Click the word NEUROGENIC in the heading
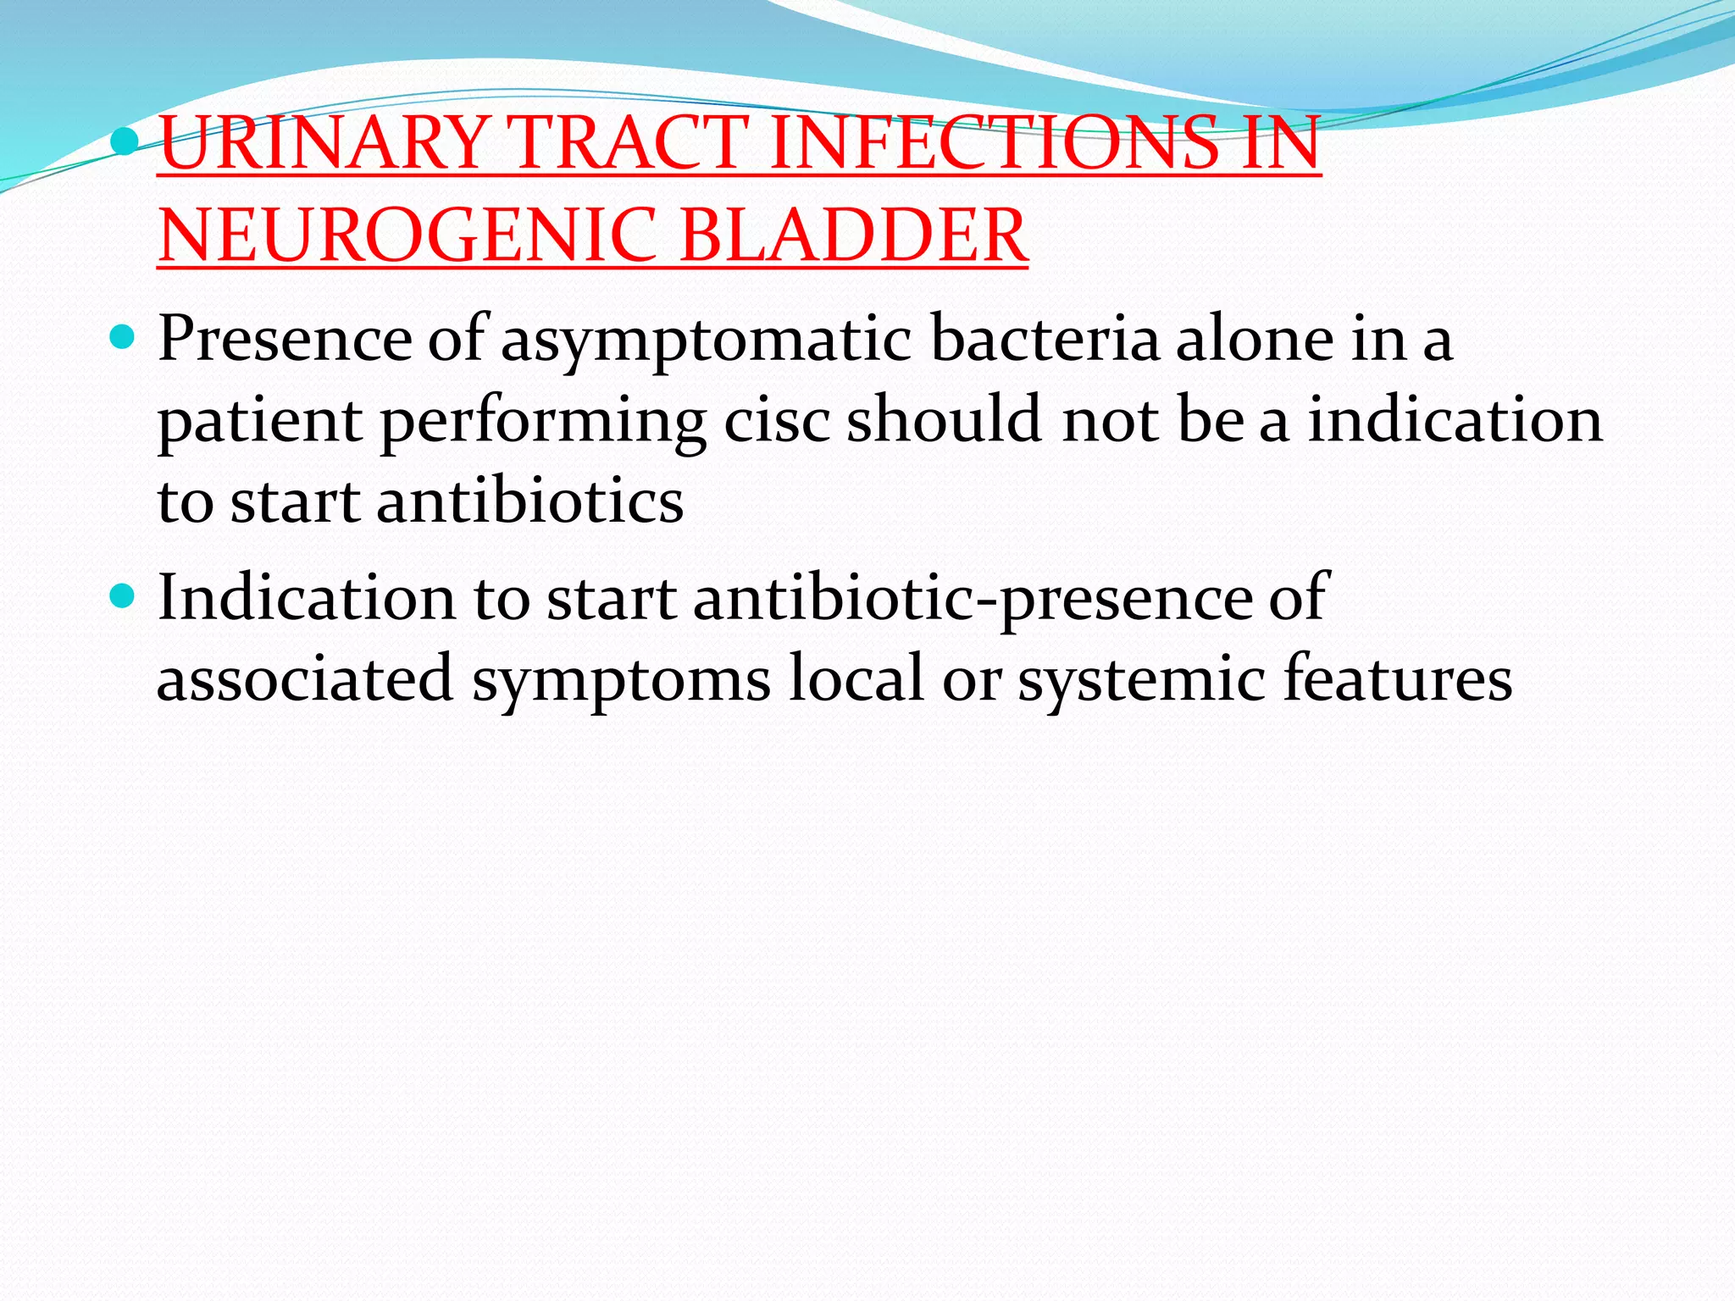407,235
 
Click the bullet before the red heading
124,141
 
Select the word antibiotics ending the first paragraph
529,501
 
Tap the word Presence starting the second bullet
285,339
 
